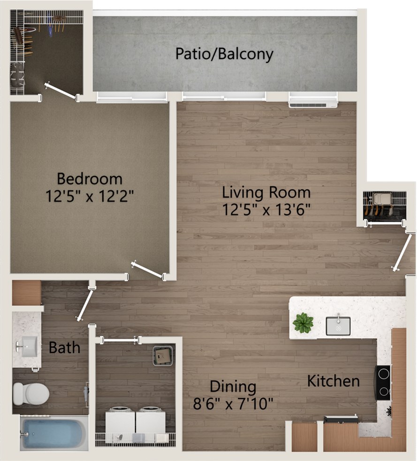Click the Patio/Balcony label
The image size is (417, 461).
pyautogui.click(x=224, y=54)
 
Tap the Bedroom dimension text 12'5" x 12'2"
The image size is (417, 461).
pyautogui.click(x=90, y=196)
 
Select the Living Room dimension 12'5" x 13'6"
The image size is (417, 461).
pyautogui.click(x=266, y=209)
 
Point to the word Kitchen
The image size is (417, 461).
pyautogui.click(x=334, y=381)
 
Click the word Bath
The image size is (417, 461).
pyautogui.click(x=64, y=348)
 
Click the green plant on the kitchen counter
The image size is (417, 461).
pyautogui.click(x=303, y=323)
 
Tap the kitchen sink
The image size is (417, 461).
pyautogui.click(x=338, y=326)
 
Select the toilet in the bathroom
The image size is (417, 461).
pyautogui.click(x=31, y=393)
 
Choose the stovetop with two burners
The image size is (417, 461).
pyautogui.click(x=383, y=383)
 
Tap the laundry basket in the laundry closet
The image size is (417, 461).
pyautogui.click(x=162, y=355)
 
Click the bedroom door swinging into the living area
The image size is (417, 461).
pyautogui.click(x=148, y=270)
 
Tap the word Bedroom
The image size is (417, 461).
pyautogui.click(x=90, y=179)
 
